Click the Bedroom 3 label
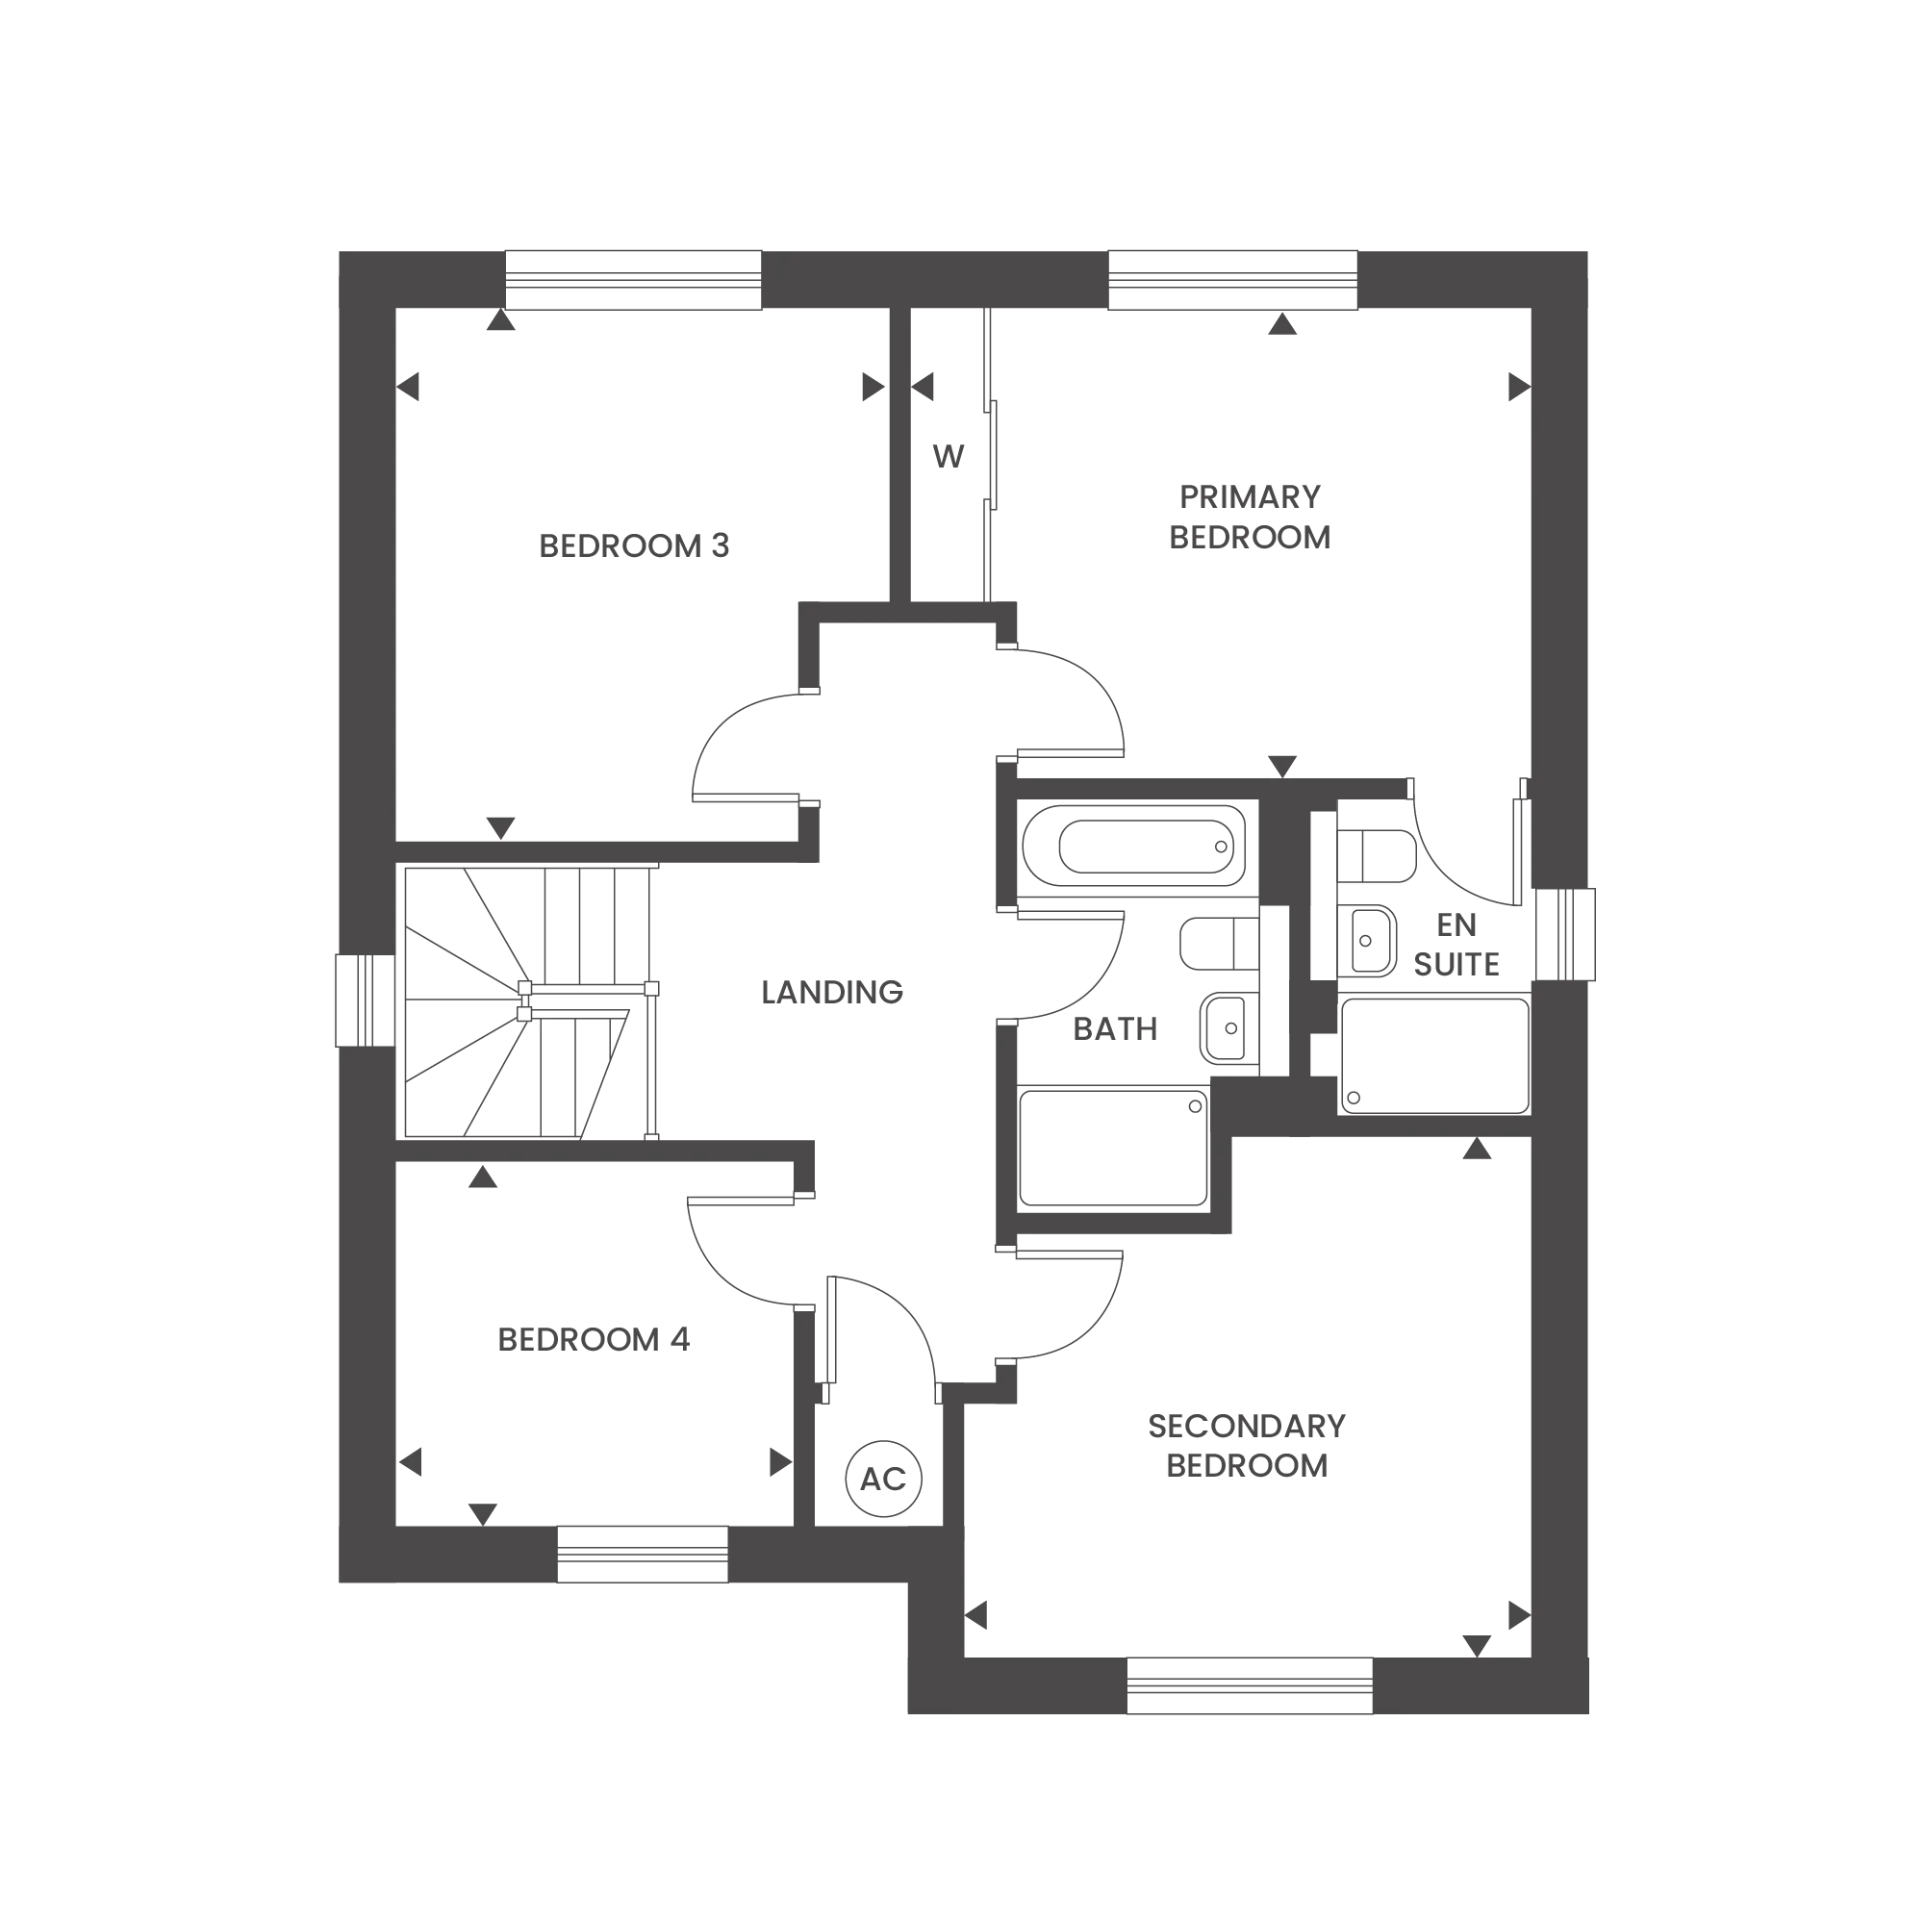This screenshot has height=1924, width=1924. [x=634, y=546]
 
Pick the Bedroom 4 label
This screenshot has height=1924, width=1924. [x=592, y=1340]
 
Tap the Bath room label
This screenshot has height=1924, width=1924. [x=1115, y=1032]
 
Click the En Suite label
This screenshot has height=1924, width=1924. [x=1454, y=946]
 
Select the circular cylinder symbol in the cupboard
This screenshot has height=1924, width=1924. [x=880, y=1477]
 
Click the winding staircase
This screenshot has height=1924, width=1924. [x=528, y=1000]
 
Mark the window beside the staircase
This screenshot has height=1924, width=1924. [x=367, y=1000]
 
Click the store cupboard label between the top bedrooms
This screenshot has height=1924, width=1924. [x=950, y=454]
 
